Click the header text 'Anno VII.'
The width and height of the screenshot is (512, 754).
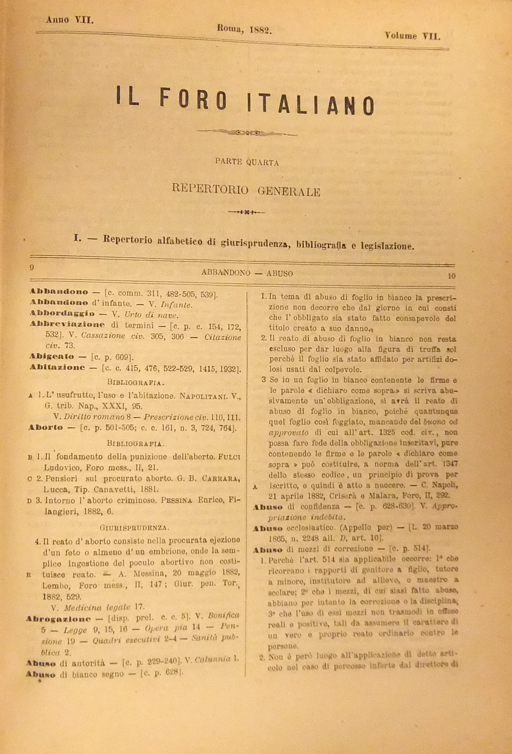click(x=70, y=20)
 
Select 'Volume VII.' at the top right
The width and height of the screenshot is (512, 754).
click(x=412, y=35)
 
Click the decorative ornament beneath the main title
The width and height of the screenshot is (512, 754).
click(x=247, y=132)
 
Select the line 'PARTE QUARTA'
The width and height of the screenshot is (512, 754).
click(x=247, y=163)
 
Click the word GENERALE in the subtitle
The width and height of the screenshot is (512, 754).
click(x=289, y=192)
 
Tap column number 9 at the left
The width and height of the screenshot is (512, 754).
click(x=32, y=267)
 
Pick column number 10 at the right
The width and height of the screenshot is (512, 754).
click(x=452, y=276)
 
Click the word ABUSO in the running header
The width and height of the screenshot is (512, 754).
click(x=280, y=273)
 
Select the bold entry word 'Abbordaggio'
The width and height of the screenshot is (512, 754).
click(x=62, y=314)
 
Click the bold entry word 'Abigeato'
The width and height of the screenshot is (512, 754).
click(x=52, y=357)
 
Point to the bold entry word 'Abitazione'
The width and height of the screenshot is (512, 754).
click(x=58, y=367)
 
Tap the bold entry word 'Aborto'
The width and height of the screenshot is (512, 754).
click(x=46, y=427)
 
